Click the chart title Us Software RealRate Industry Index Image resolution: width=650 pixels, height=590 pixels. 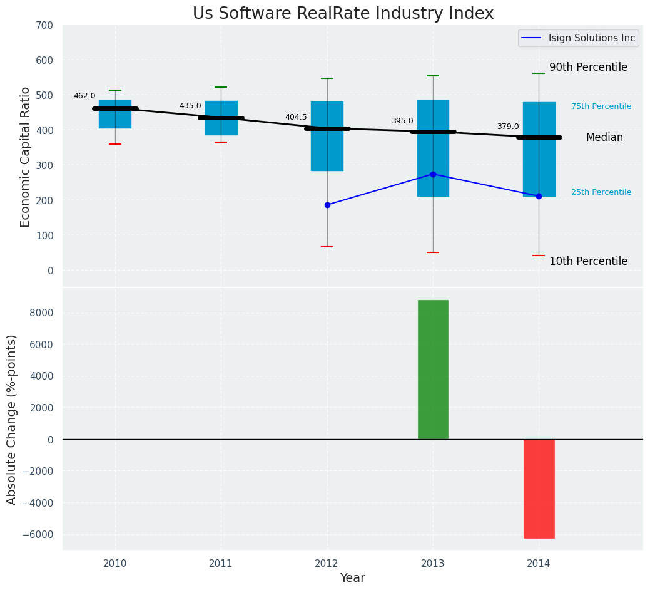[343, 14]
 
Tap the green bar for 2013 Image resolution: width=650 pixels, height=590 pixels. [433, 370]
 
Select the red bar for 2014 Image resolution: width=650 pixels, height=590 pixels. [539, 489]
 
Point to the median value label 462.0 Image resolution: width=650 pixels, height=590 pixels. [84, 96]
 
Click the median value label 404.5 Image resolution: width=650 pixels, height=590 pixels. [296, 118]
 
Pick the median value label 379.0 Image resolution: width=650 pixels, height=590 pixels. [508, 127]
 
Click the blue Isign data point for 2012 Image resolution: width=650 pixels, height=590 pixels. [327, 205]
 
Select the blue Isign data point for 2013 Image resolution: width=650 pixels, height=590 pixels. [433, 174]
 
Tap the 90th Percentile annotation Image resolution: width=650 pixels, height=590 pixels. [588, 68]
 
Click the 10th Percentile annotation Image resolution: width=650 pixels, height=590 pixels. [588, 262]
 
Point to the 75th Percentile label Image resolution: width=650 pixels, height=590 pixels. [601, 107]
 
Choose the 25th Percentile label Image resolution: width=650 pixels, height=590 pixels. [601, 193]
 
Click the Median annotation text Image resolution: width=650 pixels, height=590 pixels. [604, 138]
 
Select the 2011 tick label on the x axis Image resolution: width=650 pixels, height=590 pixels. [221, 564]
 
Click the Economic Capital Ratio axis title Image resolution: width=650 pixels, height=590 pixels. [26, 157]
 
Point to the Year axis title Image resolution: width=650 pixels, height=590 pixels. [352, 578]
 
